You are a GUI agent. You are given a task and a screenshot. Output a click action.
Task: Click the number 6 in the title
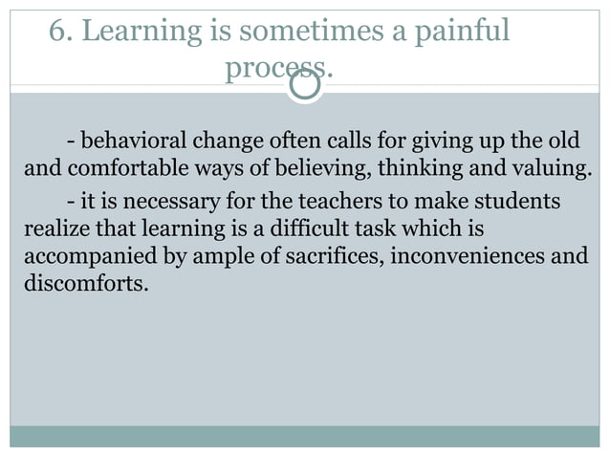point(57,33)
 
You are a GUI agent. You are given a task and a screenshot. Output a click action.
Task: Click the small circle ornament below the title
point(305,86)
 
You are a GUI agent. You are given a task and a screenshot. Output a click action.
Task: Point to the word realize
point(53,230)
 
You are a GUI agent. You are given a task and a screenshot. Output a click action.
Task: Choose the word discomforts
point(83,284)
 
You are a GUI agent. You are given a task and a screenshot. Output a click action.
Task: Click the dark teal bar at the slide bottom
point(305,436)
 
